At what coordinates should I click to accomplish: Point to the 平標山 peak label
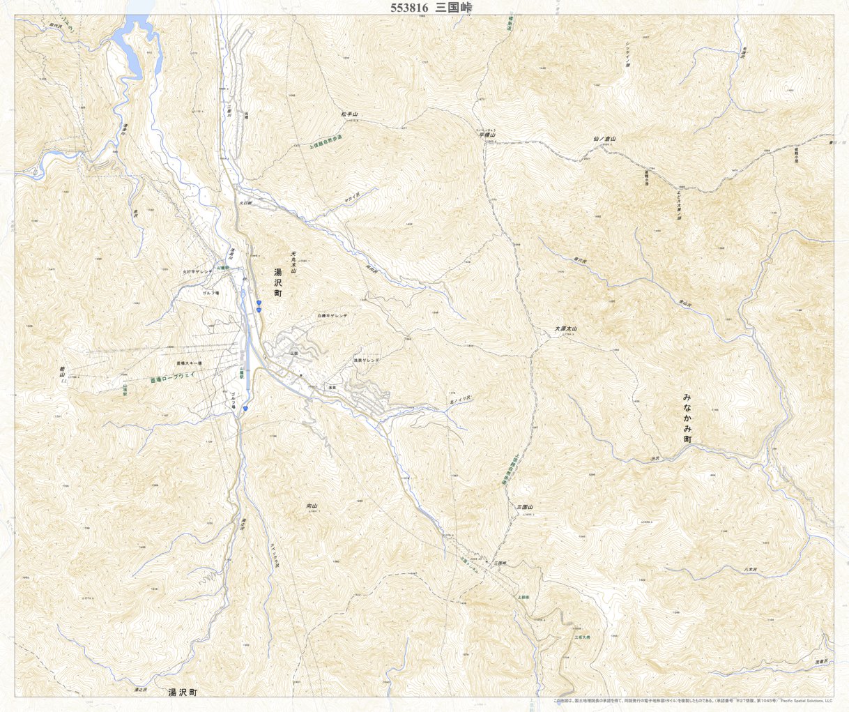point(487,135)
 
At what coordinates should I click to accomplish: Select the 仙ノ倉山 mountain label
point(604,139)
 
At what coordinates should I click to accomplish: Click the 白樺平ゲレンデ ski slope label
point(332,316)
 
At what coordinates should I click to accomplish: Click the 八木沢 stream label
point(750,570)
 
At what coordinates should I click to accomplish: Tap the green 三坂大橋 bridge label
point(582,637)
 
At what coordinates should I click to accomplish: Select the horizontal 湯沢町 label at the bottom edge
point(183,693)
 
